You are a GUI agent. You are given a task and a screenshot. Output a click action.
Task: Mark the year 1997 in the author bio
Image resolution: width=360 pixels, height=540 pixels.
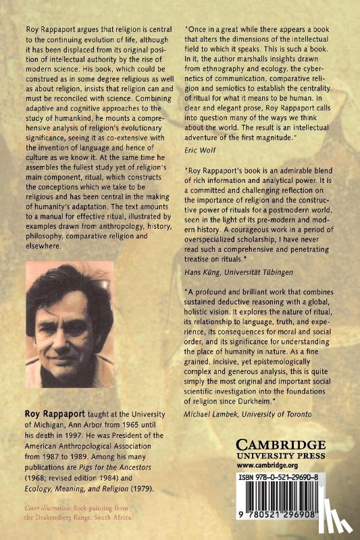(84, 439)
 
